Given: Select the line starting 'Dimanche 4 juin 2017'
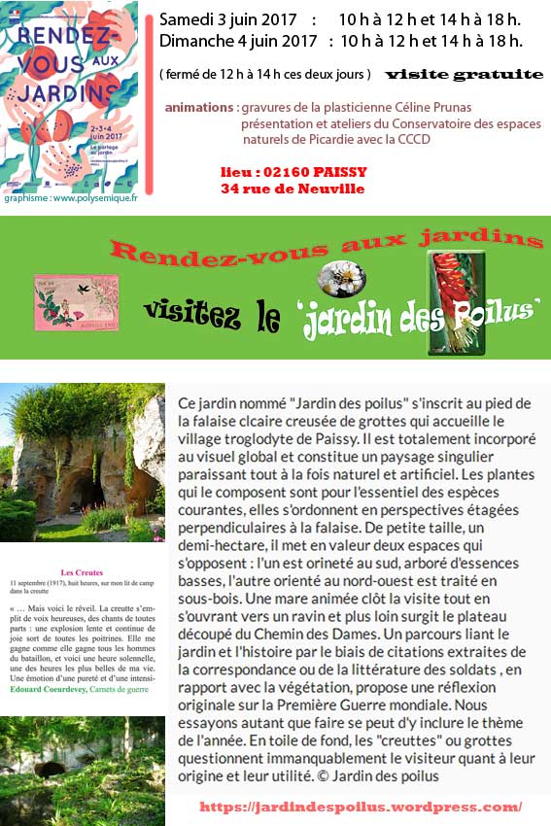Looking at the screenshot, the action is [x=340, y=41].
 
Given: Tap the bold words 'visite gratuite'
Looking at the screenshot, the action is [x=464, y=74].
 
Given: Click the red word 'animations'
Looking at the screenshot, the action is [x=198, y=107].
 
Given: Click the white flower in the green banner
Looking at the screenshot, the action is [x=341, y=276].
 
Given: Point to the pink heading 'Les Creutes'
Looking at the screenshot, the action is [x=82, y=573].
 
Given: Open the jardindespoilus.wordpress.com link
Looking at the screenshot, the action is [x=361, y=807].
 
